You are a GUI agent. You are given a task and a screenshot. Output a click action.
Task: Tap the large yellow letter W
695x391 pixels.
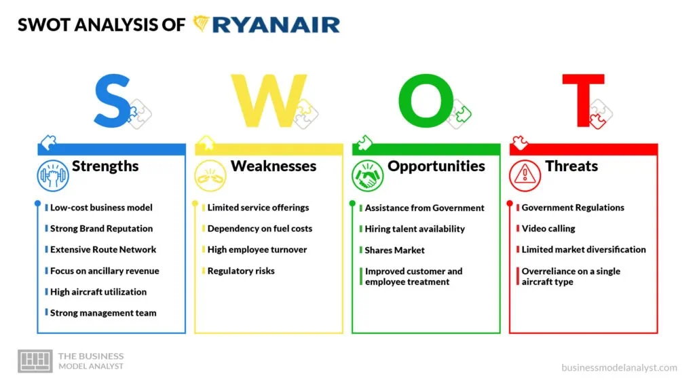(269, 100)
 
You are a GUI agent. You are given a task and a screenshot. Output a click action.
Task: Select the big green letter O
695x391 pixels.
(426, 100)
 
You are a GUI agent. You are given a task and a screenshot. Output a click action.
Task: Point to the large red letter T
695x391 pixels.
(583, 100)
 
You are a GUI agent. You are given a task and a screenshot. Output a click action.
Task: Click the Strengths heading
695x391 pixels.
(105, 166)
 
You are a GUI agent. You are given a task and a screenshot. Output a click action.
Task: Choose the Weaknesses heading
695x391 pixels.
(274, 166)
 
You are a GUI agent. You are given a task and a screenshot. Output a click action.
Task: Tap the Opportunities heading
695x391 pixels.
(436, 167)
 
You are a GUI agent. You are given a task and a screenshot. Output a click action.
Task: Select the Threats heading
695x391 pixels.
(571, 166)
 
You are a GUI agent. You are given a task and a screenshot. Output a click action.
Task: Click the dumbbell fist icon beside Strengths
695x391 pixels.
(53, 176)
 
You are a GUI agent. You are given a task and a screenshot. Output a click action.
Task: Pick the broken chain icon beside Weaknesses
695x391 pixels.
(210, 176)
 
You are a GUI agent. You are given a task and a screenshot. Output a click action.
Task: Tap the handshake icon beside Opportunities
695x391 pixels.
(367, 176)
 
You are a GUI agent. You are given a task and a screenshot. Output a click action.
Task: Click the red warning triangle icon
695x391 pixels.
(525, 176)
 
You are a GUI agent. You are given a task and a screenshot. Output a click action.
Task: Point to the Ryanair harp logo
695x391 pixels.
(201, 24)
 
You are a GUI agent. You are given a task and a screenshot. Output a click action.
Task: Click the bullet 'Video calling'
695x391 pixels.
(548, 229)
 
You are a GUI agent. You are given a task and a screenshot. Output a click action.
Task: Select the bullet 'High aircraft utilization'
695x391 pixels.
(98, 292)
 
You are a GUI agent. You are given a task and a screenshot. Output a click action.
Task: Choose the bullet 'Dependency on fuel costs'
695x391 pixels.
(260, 229)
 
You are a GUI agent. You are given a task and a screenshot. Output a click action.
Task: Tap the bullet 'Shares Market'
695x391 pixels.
(394, 250)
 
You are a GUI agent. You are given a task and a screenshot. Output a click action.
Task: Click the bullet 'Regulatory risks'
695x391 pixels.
(241, 271)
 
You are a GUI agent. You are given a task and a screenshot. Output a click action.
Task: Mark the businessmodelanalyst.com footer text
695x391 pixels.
(619, 367)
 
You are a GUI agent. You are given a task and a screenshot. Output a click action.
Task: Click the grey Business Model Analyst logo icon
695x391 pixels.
(35, 361)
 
